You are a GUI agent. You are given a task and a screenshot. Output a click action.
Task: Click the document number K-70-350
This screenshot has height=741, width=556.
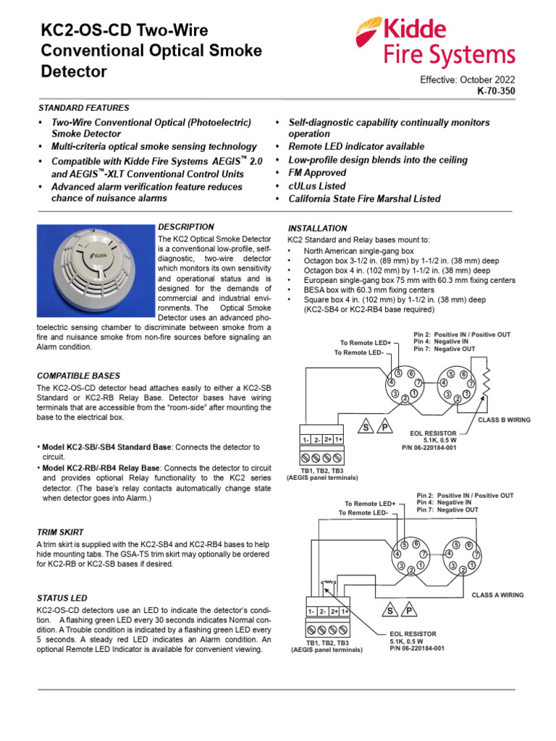pos(496,93)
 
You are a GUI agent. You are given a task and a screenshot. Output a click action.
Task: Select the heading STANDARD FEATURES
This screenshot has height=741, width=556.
pos(83,108)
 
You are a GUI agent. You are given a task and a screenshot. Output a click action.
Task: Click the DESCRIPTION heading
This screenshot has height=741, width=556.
pos(186,227)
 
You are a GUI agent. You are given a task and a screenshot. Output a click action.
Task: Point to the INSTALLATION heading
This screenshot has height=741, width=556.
pos(318,229)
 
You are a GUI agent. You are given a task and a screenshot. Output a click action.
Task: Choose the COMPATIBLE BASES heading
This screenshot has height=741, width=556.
pos(78,376)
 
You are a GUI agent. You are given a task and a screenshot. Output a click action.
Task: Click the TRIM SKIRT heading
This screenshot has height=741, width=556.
pos(61,532)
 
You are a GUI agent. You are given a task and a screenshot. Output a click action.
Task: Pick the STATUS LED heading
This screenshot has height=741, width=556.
pos(62,598)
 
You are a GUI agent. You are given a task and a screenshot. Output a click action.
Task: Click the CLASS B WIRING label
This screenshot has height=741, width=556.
pos(504,420)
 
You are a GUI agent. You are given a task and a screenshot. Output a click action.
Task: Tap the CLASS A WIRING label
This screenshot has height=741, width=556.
pos(497,595)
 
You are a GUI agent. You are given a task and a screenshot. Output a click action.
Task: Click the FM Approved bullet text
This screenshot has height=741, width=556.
pos(317,173)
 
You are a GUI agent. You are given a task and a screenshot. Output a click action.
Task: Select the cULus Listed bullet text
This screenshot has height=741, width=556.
pos(317,186)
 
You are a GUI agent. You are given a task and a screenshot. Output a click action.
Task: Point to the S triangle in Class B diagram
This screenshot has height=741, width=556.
pos(366,428)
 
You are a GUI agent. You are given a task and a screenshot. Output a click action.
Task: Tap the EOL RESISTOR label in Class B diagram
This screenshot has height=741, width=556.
pos(433,433)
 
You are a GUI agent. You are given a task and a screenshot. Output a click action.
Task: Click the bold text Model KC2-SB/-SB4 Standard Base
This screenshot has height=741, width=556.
pos(106,448)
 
